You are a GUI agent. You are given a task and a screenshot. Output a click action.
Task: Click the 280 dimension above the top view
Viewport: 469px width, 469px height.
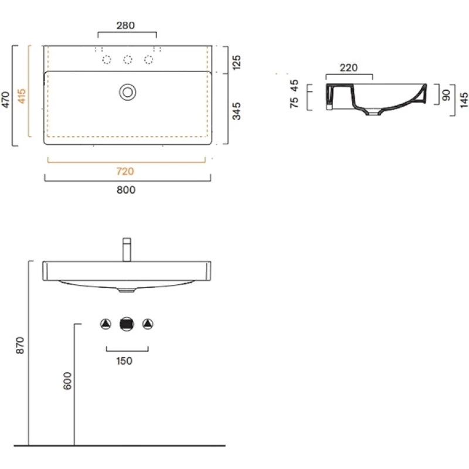126,25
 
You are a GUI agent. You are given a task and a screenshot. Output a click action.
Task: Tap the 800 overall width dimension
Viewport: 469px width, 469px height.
126,190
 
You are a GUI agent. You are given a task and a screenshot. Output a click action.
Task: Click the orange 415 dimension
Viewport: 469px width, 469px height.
22,96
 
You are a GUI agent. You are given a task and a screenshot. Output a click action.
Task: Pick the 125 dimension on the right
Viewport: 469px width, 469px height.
237,62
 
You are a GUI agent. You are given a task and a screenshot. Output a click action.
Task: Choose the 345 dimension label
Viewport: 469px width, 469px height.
237,111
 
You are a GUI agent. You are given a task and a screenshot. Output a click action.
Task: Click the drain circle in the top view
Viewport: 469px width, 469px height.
127,91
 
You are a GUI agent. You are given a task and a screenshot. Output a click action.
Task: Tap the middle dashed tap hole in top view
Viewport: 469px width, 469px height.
127,60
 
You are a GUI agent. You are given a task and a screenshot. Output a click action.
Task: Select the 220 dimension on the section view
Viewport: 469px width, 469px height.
349,67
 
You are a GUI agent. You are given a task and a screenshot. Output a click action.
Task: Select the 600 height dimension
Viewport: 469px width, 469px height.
67,382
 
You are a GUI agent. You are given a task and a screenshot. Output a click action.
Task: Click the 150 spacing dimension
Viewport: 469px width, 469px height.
125,361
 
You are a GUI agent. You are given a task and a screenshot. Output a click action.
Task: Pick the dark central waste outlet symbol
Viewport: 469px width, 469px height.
127,324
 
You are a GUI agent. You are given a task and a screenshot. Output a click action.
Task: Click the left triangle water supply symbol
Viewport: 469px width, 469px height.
106,324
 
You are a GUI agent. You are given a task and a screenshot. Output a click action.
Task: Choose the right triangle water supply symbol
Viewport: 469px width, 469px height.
148,324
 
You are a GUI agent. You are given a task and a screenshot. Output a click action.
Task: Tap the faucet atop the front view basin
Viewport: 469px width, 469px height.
126,249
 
